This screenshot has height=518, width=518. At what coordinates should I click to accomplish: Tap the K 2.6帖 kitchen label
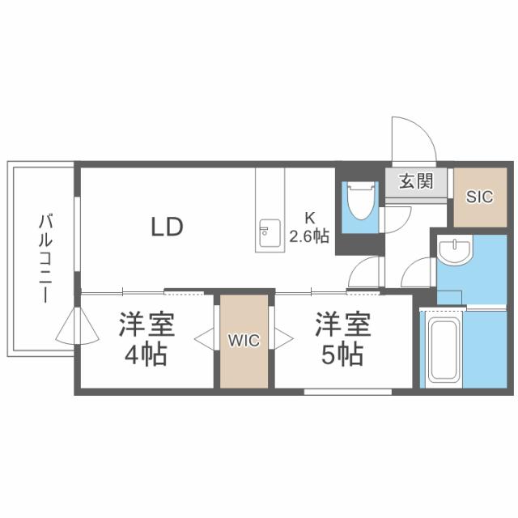tap(309, 227)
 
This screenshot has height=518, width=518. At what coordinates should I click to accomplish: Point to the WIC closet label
tap(244, 341)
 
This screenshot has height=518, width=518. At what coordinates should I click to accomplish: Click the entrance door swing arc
tap(413, 139)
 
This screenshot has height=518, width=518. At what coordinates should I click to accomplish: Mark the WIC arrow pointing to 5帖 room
tap(282, 339)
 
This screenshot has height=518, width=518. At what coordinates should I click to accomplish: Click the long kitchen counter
tap(269, 210)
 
